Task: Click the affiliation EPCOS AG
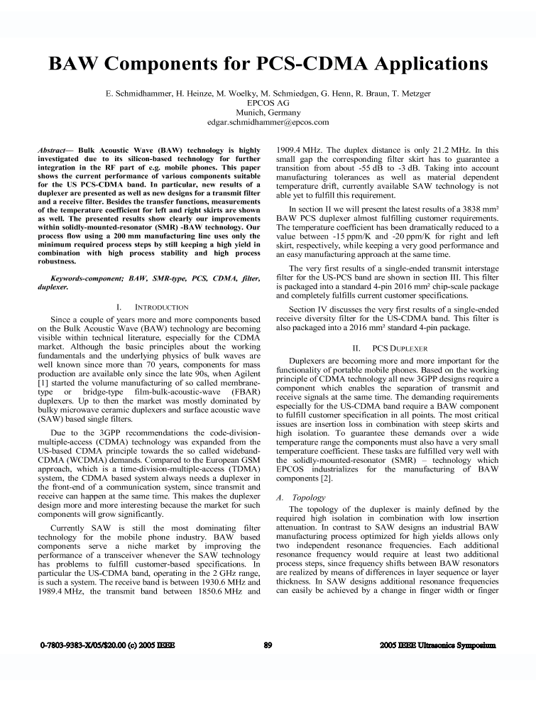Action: [268, 103]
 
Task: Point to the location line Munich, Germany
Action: [268, 112]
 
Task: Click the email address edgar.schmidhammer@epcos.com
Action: [268, 122]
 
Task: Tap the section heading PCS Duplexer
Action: [400, 349]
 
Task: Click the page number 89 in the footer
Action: [268, 645]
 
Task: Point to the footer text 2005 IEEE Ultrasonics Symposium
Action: [438, 645]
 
